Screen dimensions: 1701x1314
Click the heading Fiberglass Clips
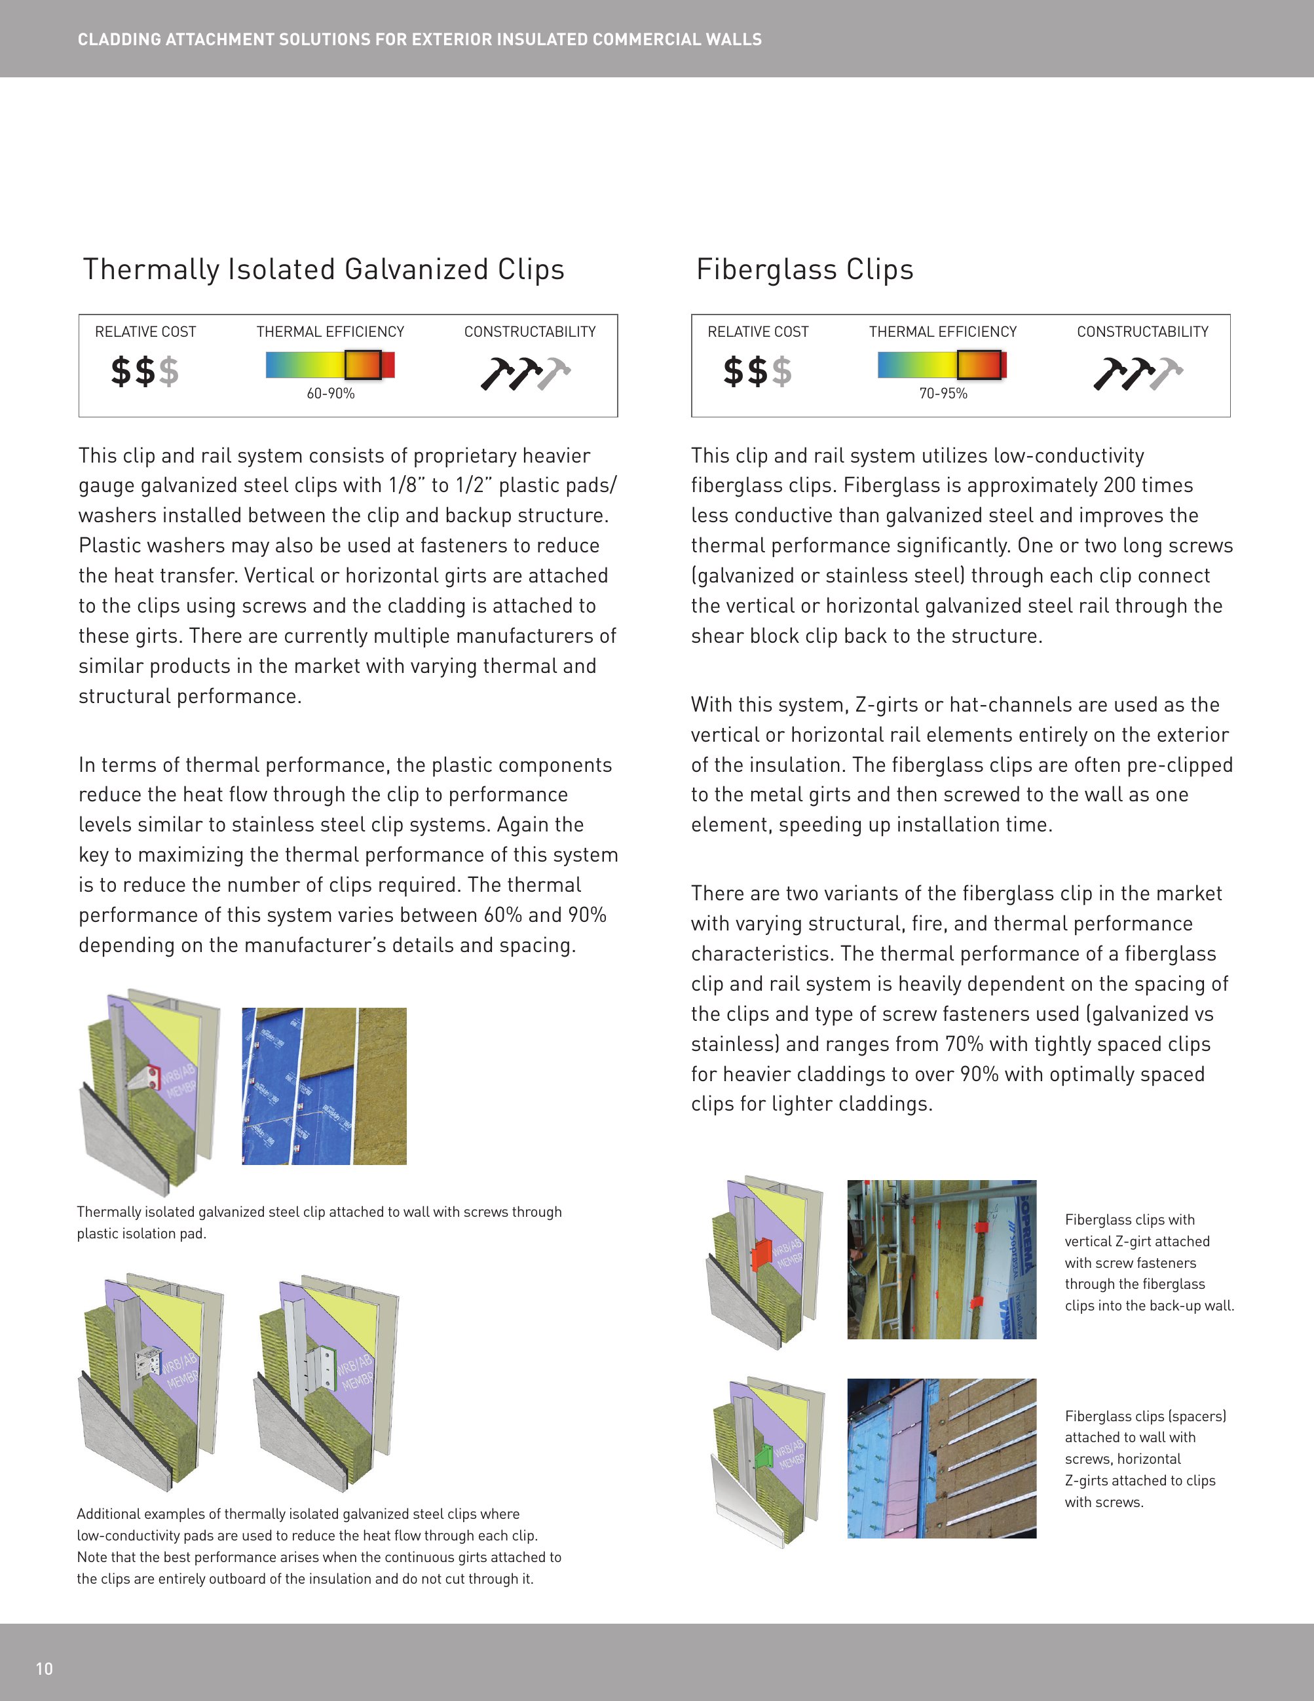pyautogui.click(x=804, y=269)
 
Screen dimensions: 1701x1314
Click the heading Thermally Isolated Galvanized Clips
pyautogui.click(x=323, y=269)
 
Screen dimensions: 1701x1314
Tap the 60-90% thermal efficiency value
pyautogui.click(x=330, y=394)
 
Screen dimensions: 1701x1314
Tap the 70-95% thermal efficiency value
pyautogui.click(x=943, y=394)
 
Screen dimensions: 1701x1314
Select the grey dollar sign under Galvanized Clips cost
pyautogui.click(x=169, y=372)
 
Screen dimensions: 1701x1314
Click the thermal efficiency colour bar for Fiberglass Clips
pyautogui.click(x=941, y=364)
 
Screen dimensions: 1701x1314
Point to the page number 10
pyautogui.click(x=45, y=1668)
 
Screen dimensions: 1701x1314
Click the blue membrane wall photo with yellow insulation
pyautogui.click(x=324, y=1086)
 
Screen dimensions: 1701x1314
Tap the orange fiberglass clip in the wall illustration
pyautogui.click(x=760, y=1255)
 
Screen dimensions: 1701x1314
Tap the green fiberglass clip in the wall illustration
pyautogui.click(x=764, y=1455)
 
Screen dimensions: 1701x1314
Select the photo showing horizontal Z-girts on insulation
pyautogui.click(x=941, y=1458)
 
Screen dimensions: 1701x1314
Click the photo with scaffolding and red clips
pyautogui.click(x=941, y=1259)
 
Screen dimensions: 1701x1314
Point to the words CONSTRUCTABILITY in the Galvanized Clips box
pyautogui.click(x=529, y=332)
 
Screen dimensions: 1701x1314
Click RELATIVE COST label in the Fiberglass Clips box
pyautogui.click(x=757, y=332)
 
